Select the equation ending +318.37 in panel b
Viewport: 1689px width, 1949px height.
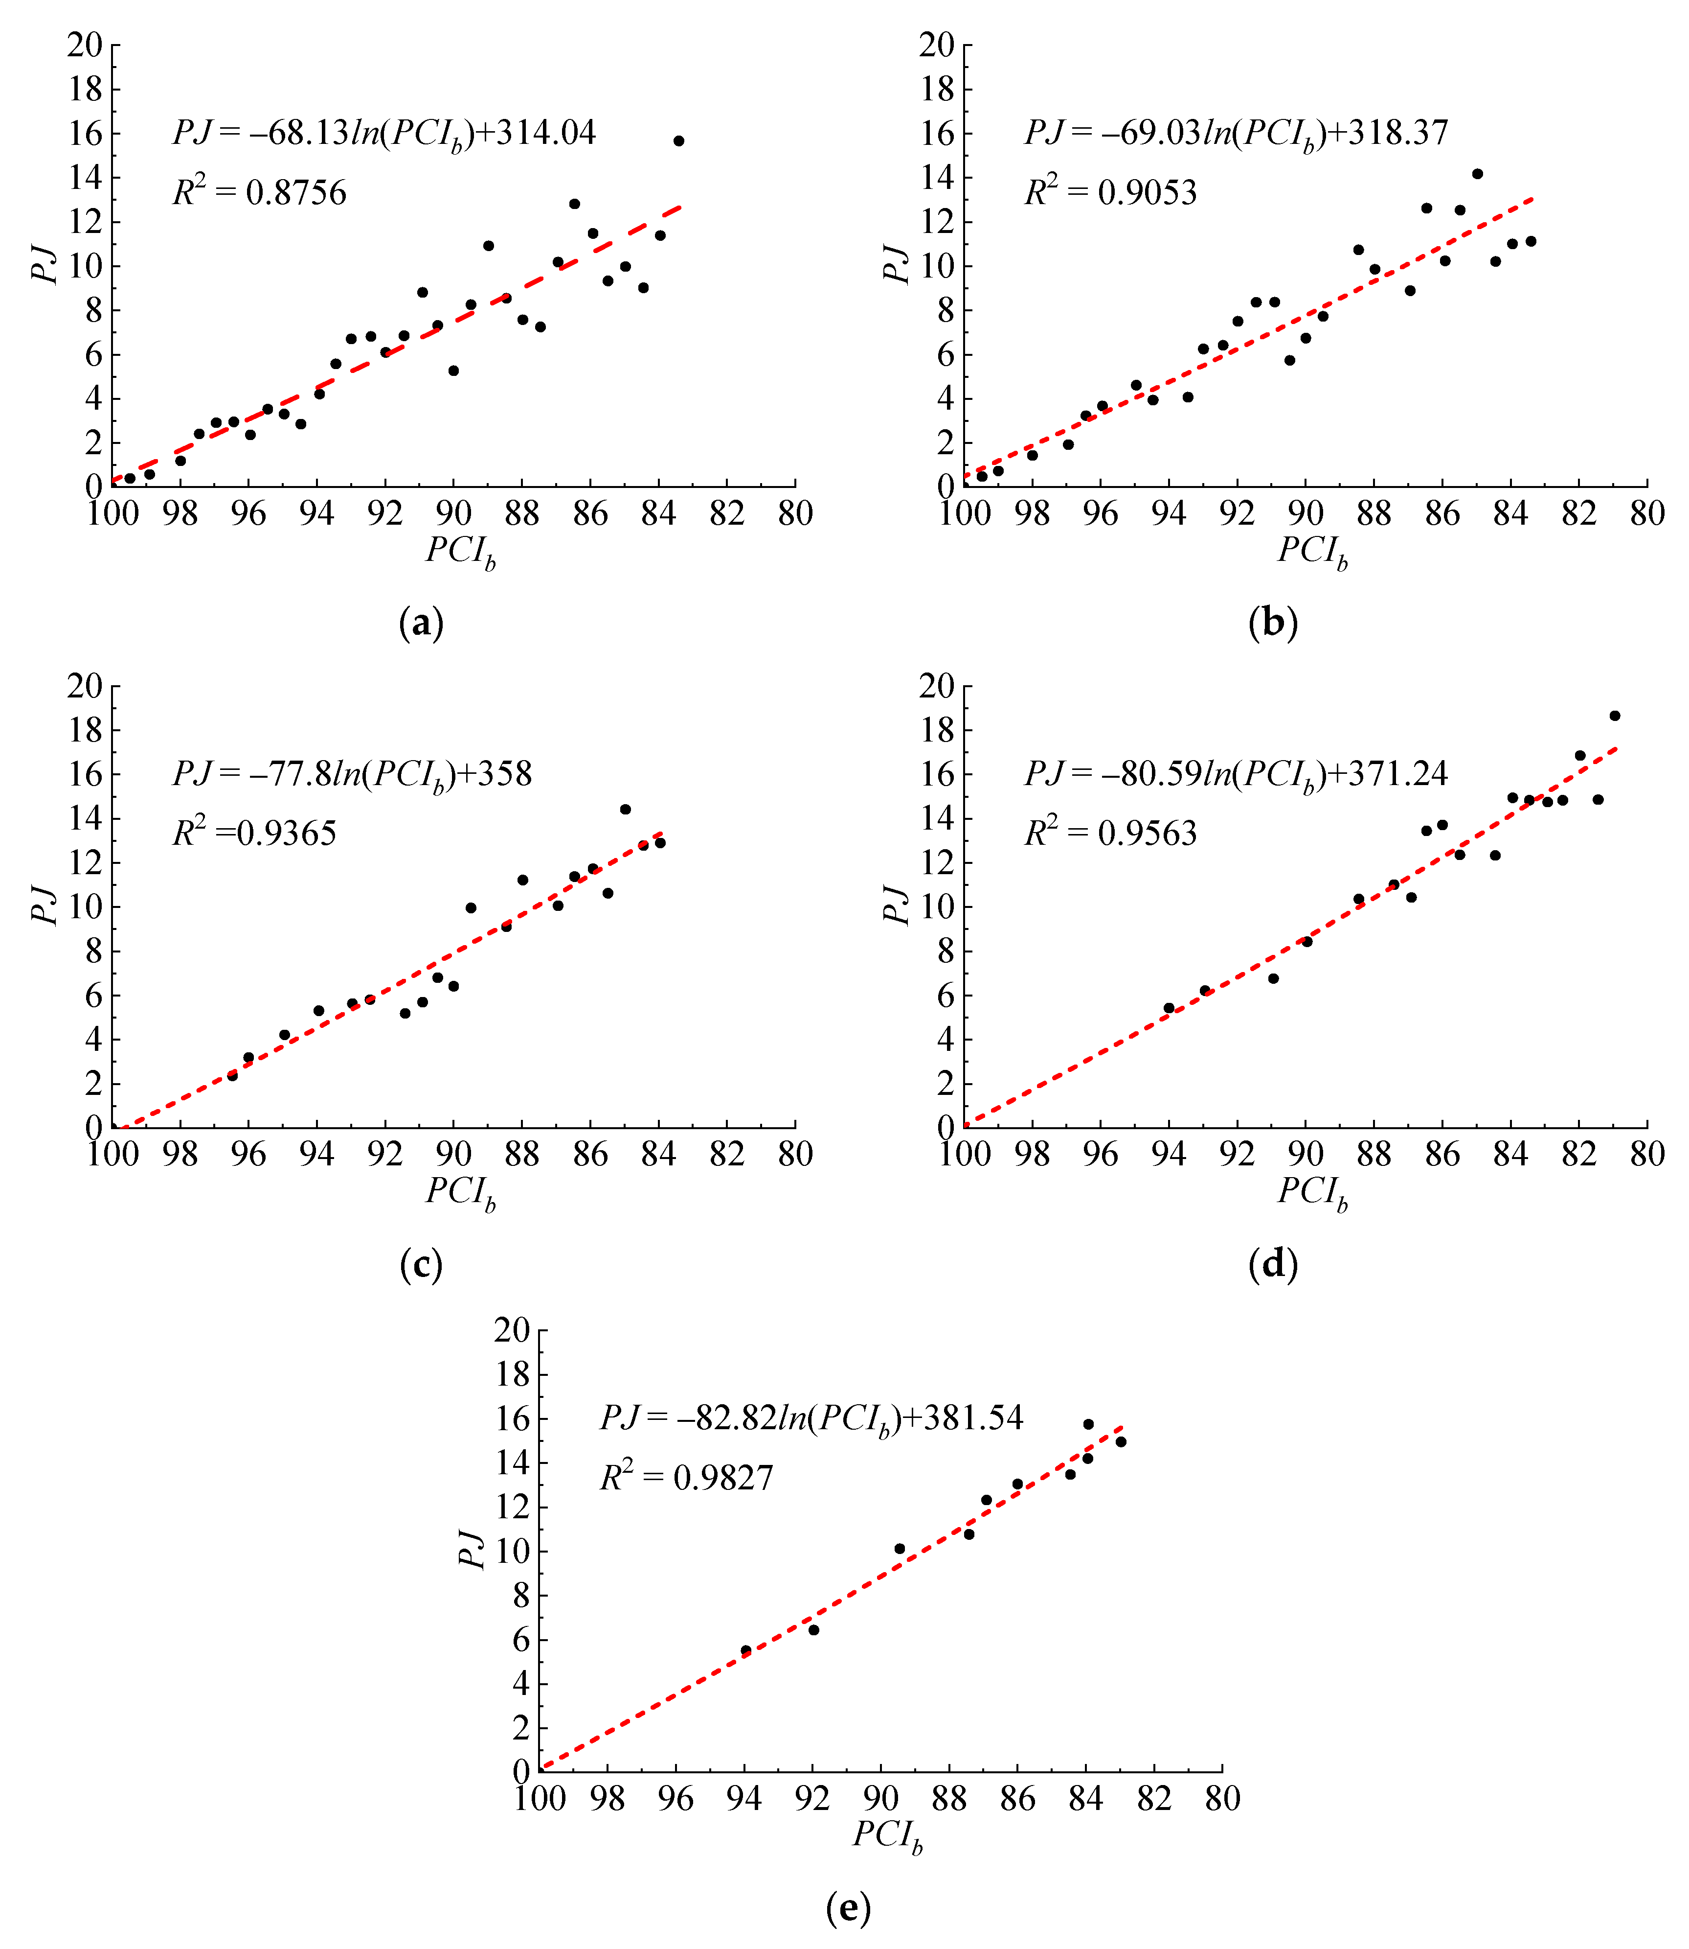click(1236, 133)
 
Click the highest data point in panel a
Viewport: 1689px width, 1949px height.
click(678, 140)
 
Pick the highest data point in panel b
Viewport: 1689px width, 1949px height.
click(1477, 173)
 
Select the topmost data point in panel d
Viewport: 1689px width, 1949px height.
click(1615, 716)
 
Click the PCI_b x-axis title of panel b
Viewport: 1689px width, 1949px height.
click(1312, 552)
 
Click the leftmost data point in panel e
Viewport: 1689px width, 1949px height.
click(745, 1650)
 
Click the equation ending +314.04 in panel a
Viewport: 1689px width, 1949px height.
click(383, 133)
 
